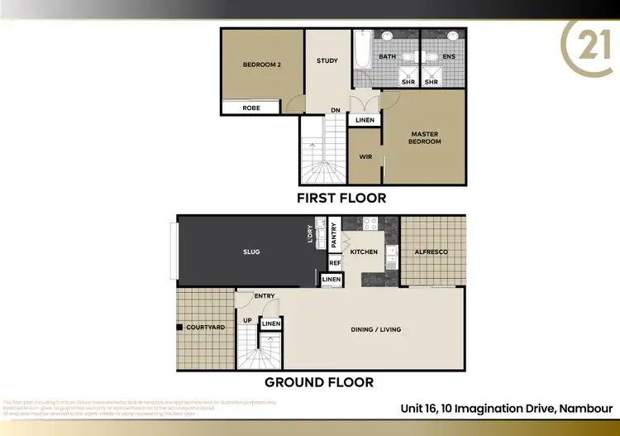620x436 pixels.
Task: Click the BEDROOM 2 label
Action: tap(262, 65)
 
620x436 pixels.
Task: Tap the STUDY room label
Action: tap(327, 60)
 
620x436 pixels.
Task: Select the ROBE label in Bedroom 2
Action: tap(252, 108)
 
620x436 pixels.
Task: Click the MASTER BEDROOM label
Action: tap(424, 137)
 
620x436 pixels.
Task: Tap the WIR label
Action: tap(365, 156)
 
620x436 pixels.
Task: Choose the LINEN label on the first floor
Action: tap(365, 121)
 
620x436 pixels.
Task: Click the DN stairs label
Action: tap(336, 110)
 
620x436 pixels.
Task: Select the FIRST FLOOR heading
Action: tap(341, 199)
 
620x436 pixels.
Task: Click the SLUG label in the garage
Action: tap(251, 252)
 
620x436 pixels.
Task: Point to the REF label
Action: tap(335, 263)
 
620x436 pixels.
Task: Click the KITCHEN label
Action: tap(364, 252)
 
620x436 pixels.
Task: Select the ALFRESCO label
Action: tap(432, 252)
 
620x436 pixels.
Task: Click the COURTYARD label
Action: tap(205, 328)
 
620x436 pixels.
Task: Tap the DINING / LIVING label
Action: tap(376, 329)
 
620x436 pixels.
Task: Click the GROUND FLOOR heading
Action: tap(319, 382)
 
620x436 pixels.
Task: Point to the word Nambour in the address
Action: tap(586, 408)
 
